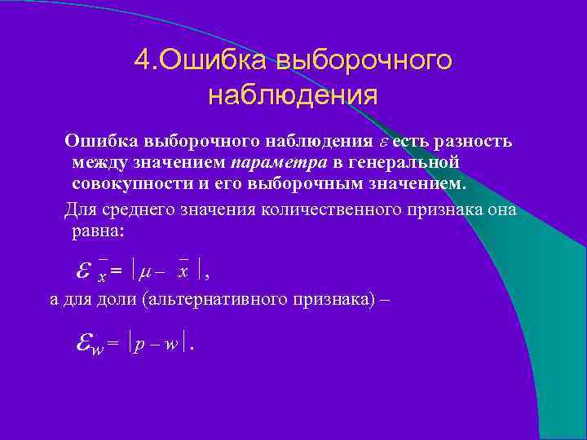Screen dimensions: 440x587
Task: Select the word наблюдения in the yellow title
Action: coord(293,95)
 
